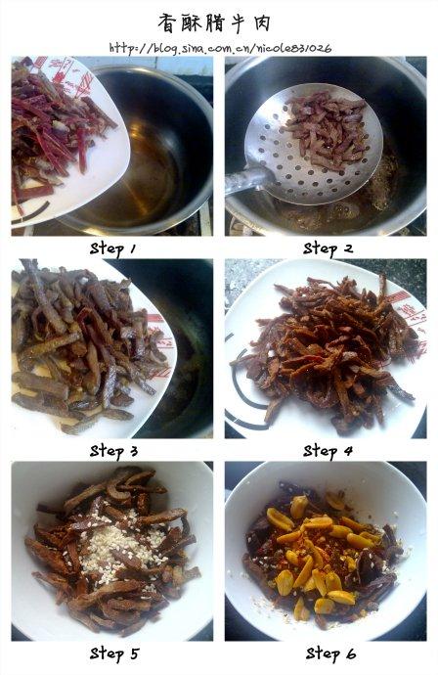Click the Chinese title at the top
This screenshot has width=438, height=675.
click(214, 22)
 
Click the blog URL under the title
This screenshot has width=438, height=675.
click(220, 48)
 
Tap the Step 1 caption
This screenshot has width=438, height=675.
click(112, 248)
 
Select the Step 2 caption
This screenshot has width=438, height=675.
click(328, 248)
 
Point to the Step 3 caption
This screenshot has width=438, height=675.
click(113, 451)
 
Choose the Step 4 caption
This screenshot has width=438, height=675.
click(328, 451)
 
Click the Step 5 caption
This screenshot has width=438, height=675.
click(114, 653)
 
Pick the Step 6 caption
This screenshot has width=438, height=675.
click(330, 653)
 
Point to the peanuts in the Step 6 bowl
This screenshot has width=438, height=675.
click(316, 549)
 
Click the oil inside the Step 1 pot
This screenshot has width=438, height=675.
click(147, 172)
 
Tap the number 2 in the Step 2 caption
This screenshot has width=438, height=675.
click(348, 248)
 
